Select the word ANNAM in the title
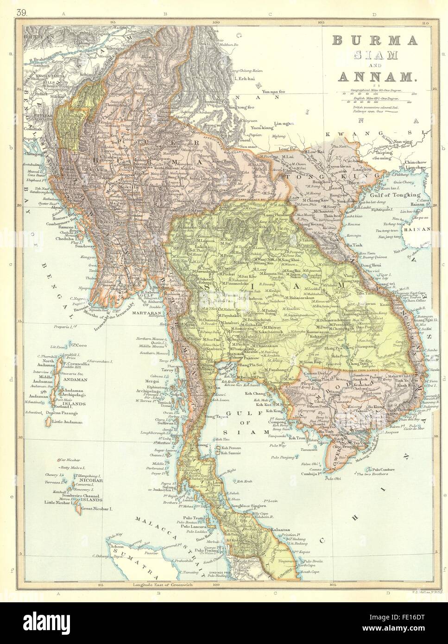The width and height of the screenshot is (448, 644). (x=376, y=78)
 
